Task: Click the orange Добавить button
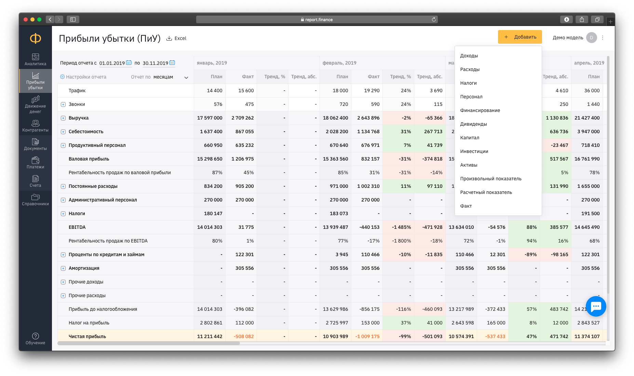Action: pyautogui.click(x=520, y=37)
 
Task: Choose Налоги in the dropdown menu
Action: pyautogui.click(x=468, y=83)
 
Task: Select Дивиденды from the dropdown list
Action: pyautogui.click(x=473, y=124)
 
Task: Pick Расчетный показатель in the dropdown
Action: pyautogui.click(x=486, y=192)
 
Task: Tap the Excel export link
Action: pyautogui.click(x=176, y=38)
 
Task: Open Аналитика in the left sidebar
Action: pyautogui.click(x=36, y=59)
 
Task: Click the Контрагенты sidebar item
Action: pyautogui.click(x=36, y=126)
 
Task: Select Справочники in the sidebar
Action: pyautogui.click(x=36, y=199)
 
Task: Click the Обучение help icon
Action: pyautogui.click(x=36, y=336)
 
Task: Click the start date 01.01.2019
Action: pyautogui.click(x=112, y=63)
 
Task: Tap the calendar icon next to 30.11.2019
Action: pyautogui.click(x=172, y=62)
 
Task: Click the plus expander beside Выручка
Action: pyautogui.click(x=63, y=118)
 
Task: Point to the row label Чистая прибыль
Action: pyautogui.click(x=87, y=336)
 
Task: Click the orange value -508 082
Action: pyautogui.click(x=244, y=336)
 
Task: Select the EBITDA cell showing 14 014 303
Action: pyautogui.click(x=210, y=227)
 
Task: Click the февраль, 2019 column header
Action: pyautogui.click(x=339, y=63)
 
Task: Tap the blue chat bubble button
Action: pyautogui.click(x=596, y=306)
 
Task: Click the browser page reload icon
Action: pyautogui.click(x=434, y=19)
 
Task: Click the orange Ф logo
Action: pyautogui.click(x=36, y=38)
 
